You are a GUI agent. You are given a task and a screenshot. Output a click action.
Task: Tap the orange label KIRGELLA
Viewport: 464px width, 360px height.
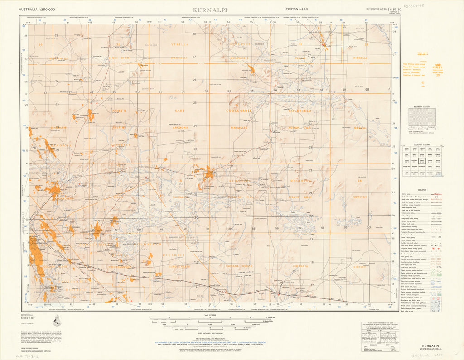coord(360,58)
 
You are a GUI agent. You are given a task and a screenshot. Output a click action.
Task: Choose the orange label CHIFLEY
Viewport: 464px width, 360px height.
coord(359,267)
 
